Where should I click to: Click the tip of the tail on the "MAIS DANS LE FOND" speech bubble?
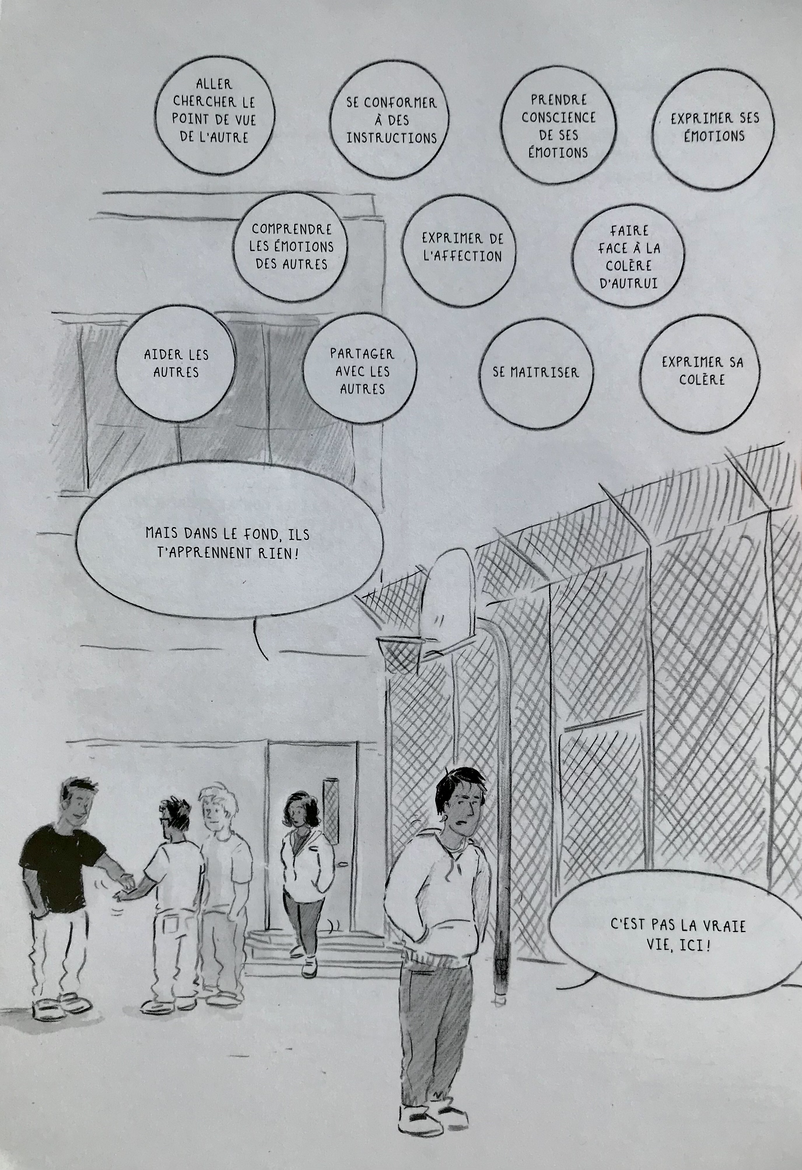tap(266, 659)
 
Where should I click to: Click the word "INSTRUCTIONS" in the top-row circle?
tap(391, 138)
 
